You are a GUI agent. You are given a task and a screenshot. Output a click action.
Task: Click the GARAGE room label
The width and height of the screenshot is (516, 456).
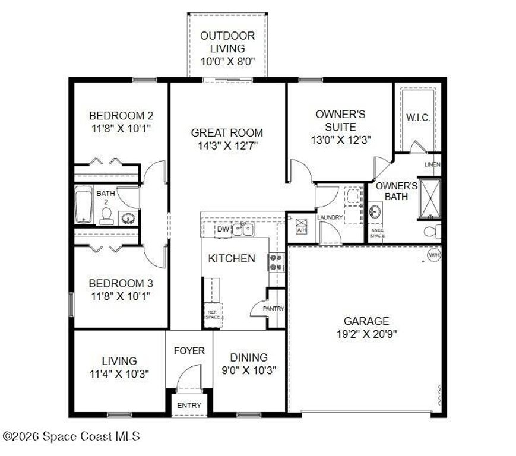366,321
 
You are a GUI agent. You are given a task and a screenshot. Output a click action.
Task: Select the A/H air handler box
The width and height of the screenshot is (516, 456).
301,226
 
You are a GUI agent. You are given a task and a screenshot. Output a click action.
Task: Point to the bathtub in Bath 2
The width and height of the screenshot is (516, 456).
84,205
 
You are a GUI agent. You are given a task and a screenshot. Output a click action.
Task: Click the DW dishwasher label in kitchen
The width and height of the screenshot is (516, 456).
223,229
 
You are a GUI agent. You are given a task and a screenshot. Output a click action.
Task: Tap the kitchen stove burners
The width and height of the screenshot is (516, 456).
276,262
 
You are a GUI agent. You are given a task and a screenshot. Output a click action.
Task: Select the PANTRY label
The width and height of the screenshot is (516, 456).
274,309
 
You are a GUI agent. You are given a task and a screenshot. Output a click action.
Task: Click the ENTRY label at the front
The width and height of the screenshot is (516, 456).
189,406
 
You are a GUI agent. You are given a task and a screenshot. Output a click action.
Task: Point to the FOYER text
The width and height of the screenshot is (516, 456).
189,351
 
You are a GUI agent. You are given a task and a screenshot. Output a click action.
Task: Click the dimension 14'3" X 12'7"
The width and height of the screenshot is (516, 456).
227,145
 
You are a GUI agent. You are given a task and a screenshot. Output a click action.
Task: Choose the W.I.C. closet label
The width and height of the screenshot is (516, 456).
418,118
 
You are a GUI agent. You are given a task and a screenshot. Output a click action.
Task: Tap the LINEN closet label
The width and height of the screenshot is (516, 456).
432,164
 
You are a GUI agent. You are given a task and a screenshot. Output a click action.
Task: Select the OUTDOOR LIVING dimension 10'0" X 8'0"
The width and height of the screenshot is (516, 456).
227,61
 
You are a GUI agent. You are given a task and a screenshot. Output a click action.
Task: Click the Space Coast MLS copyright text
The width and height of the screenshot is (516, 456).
71,436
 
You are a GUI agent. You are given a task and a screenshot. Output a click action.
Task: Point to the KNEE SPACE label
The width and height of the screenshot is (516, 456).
378,233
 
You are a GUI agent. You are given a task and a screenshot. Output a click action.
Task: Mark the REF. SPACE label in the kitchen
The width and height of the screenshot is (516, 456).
213,314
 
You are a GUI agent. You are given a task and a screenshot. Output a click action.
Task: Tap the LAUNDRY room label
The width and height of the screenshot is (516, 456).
330,218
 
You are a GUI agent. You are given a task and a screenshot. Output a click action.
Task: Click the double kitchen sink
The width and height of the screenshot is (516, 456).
243,229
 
